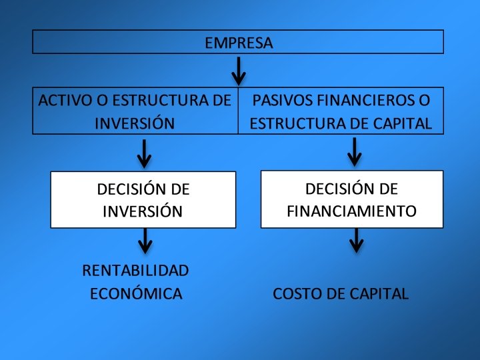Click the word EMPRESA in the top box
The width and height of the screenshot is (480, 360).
click(238, 43)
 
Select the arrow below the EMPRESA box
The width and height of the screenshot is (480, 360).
click(238, 70)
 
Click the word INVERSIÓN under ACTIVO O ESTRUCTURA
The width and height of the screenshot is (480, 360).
click(135, 123)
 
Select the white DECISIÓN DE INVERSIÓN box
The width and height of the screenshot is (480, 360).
click(143, 199)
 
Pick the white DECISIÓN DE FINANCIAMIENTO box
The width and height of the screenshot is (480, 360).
click(351, 199)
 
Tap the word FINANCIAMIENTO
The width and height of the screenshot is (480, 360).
click(351, 211)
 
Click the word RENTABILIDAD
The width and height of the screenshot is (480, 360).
click(135, 270)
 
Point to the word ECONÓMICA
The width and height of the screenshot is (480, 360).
click(136, 293)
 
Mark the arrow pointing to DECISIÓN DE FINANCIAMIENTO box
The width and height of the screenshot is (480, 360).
click(355, 152)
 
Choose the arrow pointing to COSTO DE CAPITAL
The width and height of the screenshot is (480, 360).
click(357, 240)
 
